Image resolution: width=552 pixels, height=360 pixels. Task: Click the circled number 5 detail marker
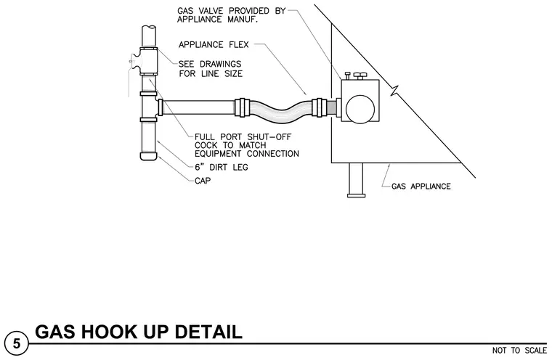click(x=17, y=343)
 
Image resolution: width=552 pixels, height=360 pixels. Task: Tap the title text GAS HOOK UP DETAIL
click(x=138, y=332)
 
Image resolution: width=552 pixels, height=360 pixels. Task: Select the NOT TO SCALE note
click(x=519, y=351)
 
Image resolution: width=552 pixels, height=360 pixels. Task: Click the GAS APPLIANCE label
click(x=421, y=186)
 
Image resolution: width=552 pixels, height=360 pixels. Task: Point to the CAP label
click(x=203, y=181)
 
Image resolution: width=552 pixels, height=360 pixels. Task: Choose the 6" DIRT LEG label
click(x=222, y=167)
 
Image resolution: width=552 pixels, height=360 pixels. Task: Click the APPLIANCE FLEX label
click(x=214, y=45)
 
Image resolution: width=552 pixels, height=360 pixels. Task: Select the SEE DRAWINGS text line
click(x=210, y=64)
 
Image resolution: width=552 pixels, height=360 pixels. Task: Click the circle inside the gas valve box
click(x=360, y=109)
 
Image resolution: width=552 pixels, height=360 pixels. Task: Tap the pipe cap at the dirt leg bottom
click(x=149, y=155)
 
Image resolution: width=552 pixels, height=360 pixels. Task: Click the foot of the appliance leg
click(x=356, y=195)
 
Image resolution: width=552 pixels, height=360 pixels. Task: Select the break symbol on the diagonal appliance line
click(x=396, y=91)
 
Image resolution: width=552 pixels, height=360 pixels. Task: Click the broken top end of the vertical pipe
click(x=149, y=28)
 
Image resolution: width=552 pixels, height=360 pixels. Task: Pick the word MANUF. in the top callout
click(x=243, y=19)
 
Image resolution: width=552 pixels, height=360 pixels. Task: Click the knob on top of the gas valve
click(x=360, y=75)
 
